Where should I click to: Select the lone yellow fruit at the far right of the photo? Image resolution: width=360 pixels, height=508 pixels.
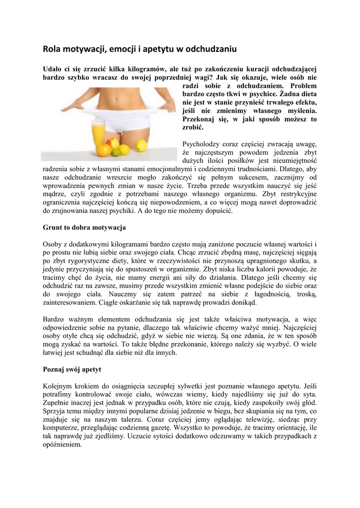pyautogui.click(x=142, y=145)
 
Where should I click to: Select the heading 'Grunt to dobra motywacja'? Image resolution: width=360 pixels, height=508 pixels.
pyautogui.click(x=84, y=227)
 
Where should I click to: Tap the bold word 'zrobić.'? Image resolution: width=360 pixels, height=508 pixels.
pyautogui.click(x=193, y=127)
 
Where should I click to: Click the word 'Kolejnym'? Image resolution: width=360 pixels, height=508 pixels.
pyautogui.click(x=58, y=386)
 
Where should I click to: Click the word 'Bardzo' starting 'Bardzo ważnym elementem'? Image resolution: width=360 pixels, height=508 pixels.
pyautogui.click(x=54, y=319)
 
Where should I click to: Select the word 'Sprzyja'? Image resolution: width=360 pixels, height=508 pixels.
pyautogui.click(x=55, y=411)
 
